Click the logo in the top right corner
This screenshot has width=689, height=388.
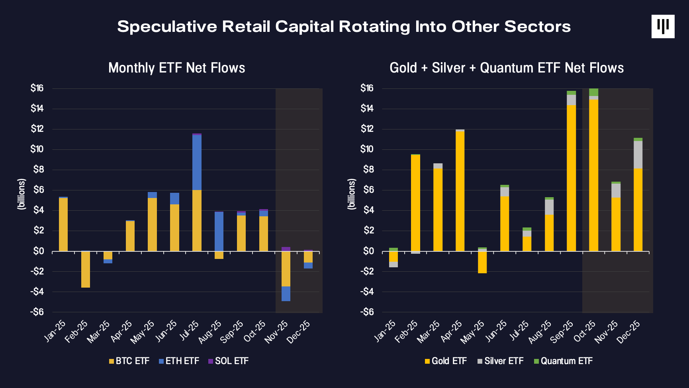point(663,27)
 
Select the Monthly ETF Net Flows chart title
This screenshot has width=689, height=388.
point(176,68)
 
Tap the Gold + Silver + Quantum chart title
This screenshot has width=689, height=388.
point(506,68)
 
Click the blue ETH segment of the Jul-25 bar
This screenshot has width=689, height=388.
point(197,163)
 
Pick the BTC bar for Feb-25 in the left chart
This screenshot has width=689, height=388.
point(86,269)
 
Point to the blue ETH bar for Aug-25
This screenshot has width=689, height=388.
point(219,231)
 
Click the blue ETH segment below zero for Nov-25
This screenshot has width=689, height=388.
point(286,294)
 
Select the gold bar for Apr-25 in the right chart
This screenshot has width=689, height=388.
point(460,191)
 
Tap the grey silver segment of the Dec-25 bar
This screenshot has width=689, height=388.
point(638,155)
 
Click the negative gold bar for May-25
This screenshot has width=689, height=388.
point(482,262)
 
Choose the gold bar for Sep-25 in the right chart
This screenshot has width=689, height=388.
point(571,178)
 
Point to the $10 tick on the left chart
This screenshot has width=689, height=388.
point(37,149)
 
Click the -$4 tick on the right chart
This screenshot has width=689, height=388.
point(367,292)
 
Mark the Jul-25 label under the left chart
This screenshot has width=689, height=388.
point(189,331)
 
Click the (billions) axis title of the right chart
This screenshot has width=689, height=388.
point(351,194)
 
